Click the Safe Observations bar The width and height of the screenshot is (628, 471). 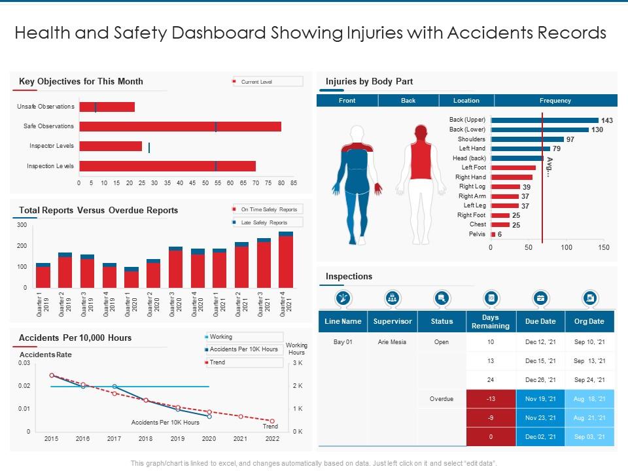coord(180,126)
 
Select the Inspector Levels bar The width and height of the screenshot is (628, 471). coord(111,146)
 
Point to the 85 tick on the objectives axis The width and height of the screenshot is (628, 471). coord(294,183)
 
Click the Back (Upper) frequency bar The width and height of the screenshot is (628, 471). coord(544,120)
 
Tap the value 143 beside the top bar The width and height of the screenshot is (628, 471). coord(607,120)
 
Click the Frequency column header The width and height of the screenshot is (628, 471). coord(555,100)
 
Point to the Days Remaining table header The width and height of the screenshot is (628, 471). coord(491,321)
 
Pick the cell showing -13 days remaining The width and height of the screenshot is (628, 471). coord(491,398)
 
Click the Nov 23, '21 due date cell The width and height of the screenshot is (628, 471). coord(540,417)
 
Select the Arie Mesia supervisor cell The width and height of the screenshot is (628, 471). coord(392,342)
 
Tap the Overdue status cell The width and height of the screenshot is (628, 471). coord(442,398)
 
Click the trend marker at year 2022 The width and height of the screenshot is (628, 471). coord(272,421)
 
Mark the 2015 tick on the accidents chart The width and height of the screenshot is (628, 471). coord(52,440)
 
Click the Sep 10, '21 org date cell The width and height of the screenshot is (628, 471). coord(589,342)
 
